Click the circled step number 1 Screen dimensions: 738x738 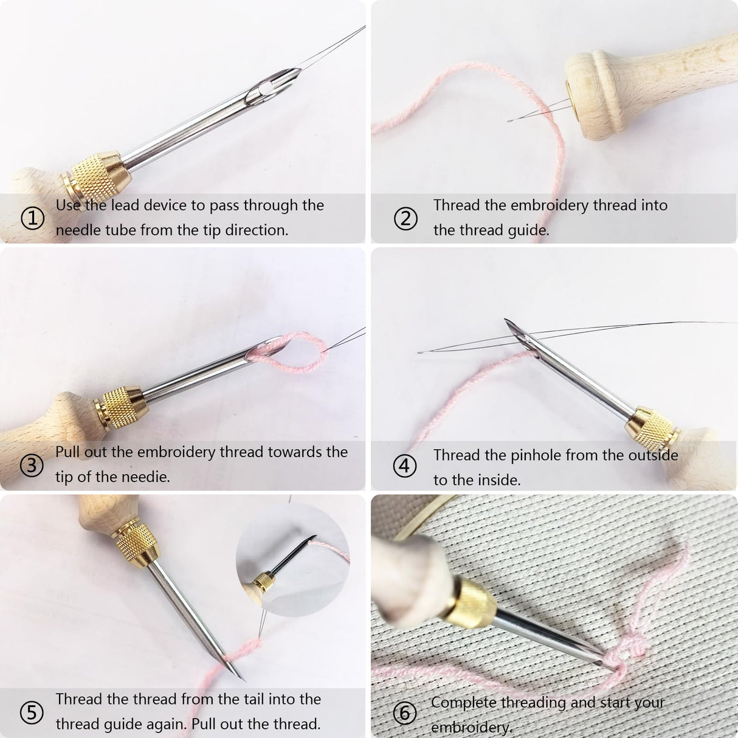coord(32,218)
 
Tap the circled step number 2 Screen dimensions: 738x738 coord(405,218)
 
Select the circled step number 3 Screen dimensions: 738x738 coord(32,465)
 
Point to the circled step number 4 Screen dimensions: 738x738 coord(405,467)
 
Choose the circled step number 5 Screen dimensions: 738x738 coord(32,712)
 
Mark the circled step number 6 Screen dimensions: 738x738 coord(405,713)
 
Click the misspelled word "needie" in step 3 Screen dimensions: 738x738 coord(148,477)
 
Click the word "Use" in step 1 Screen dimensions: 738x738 coord(68,205)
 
